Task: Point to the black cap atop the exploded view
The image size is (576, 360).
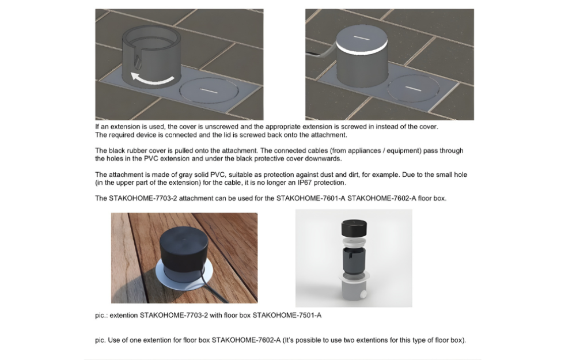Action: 354,228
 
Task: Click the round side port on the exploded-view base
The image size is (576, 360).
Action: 363,294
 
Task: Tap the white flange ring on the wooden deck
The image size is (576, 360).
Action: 184,276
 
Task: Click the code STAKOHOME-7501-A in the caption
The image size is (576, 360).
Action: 286,315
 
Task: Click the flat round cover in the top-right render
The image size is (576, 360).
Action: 414,88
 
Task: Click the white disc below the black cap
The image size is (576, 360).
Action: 354,242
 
